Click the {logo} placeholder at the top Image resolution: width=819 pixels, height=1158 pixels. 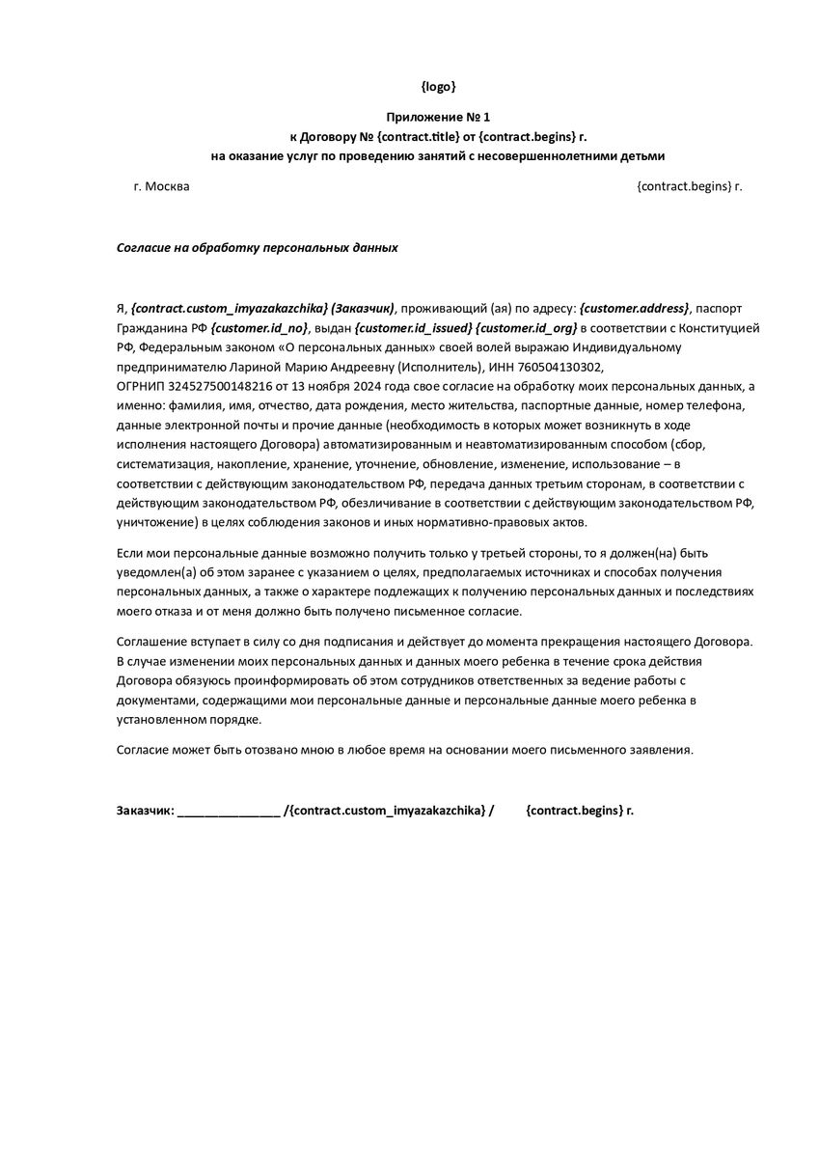439,87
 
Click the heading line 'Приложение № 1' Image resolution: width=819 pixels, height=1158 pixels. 439,117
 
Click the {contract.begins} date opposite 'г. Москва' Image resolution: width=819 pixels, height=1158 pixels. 683,186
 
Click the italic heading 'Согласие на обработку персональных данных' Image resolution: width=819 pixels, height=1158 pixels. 257,247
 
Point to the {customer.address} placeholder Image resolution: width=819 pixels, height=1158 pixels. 635,308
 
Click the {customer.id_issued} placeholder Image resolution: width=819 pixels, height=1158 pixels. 413,328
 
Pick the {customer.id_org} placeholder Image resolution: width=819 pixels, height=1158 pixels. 525,328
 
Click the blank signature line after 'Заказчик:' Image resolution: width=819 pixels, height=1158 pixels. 229,811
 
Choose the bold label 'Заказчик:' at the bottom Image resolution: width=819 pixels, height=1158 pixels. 145,811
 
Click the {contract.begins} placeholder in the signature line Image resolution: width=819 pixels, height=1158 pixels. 573,811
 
